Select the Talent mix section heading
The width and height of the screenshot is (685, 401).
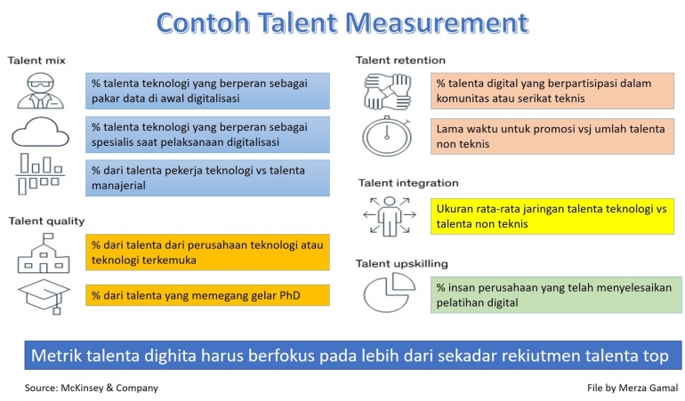[x=37, y=60]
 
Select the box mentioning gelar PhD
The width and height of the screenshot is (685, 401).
[x=208, y=295]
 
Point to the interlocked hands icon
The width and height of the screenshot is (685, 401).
[x=386, y=91]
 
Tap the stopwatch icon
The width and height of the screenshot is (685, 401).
[x=386, y=135]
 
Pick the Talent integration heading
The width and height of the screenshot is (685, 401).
[x=408, y=183]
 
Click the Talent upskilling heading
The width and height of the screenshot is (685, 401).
[x=401, y=263]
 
